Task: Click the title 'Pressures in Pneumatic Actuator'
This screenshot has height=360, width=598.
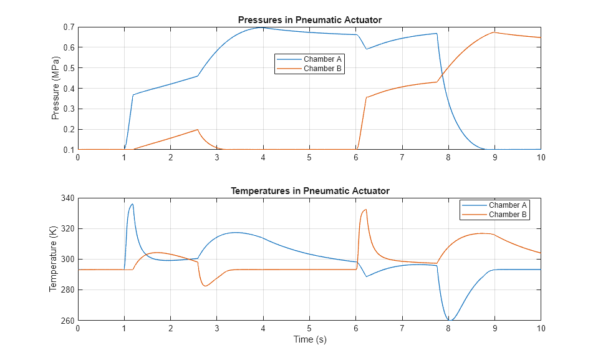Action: pos(309,20)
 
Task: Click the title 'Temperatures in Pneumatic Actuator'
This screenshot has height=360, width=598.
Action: pos(309,191)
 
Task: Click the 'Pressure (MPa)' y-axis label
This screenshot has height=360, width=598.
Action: pos(55,89)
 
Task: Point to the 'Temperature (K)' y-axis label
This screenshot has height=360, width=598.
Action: pos(53,259)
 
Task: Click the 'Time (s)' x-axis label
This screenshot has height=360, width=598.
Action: pos(309,340)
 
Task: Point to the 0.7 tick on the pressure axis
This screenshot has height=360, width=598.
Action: pos(67,27)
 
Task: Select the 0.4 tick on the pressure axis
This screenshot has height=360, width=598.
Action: pos(67,89)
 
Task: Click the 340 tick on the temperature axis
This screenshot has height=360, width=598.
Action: pos(66,198)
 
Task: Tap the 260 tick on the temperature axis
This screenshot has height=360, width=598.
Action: pos(66,321)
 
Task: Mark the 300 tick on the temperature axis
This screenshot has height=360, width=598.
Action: pos(66,260)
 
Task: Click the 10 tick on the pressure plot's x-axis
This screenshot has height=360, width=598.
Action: pos(541,157)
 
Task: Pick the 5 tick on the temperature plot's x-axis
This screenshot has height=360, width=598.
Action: pos(309,328)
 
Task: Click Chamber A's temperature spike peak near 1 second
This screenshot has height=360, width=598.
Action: pos(132,204)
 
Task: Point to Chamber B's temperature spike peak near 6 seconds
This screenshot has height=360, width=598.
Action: pos(365,210)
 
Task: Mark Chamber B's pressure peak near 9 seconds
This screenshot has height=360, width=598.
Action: pos(494,32)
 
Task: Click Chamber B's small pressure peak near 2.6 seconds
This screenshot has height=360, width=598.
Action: pos(198,130)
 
